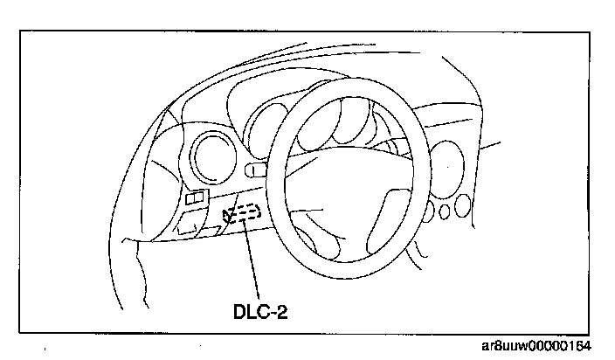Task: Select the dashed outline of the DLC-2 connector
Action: point(244,212)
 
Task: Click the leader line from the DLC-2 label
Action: point(252,262)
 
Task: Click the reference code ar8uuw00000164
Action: point(542,347)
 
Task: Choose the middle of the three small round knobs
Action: point(446,210)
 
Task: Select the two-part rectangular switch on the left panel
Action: point(196,199)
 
